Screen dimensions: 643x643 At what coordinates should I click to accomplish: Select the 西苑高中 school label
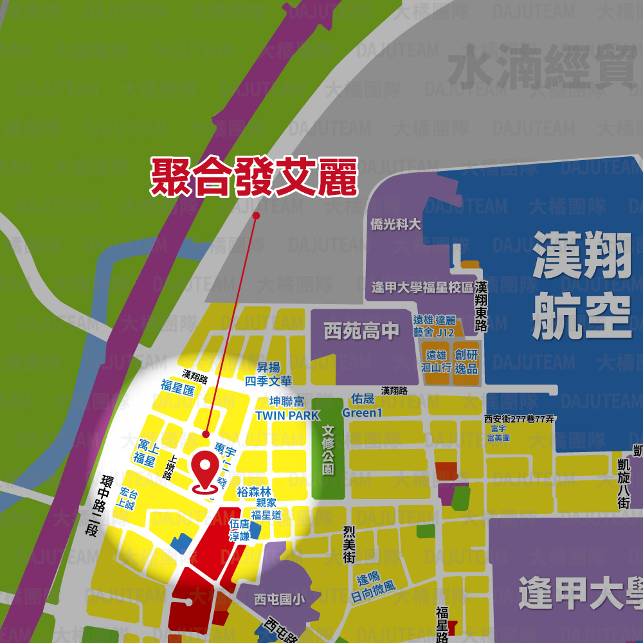(x=361, y=331)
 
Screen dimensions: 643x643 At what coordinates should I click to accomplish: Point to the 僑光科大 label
(x=396, y=224)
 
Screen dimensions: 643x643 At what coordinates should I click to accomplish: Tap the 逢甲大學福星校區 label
(x=422, y=287)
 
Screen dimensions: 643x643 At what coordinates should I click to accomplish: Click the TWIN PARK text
(x=287, y=415)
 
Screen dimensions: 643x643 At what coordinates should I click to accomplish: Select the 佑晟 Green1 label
(x=362, y=406)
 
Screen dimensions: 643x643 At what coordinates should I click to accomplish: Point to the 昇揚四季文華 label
(x=268, y=374)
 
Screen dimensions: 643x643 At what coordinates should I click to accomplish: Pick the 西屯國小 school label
(x=279, y=599)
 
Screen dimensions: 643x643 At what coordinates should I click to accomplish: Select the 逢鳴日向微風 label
(x=373, y=581)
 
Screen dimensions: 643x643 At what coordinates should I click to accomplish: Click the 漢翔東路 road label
(x=481, y=307)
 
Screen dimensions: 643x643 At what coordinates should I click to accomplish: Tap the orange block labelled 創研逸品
(x=466, y=362)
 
